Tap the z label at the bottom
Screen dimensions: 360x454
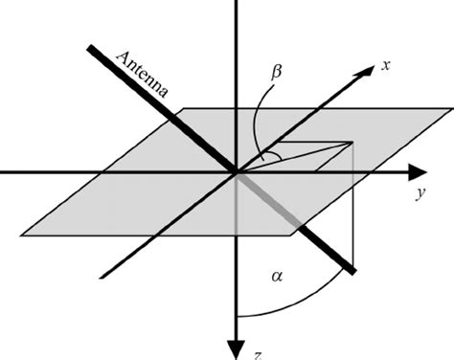(x=256, y=354)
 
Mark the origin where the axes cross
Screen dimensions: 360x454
(x=235, y=172)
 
